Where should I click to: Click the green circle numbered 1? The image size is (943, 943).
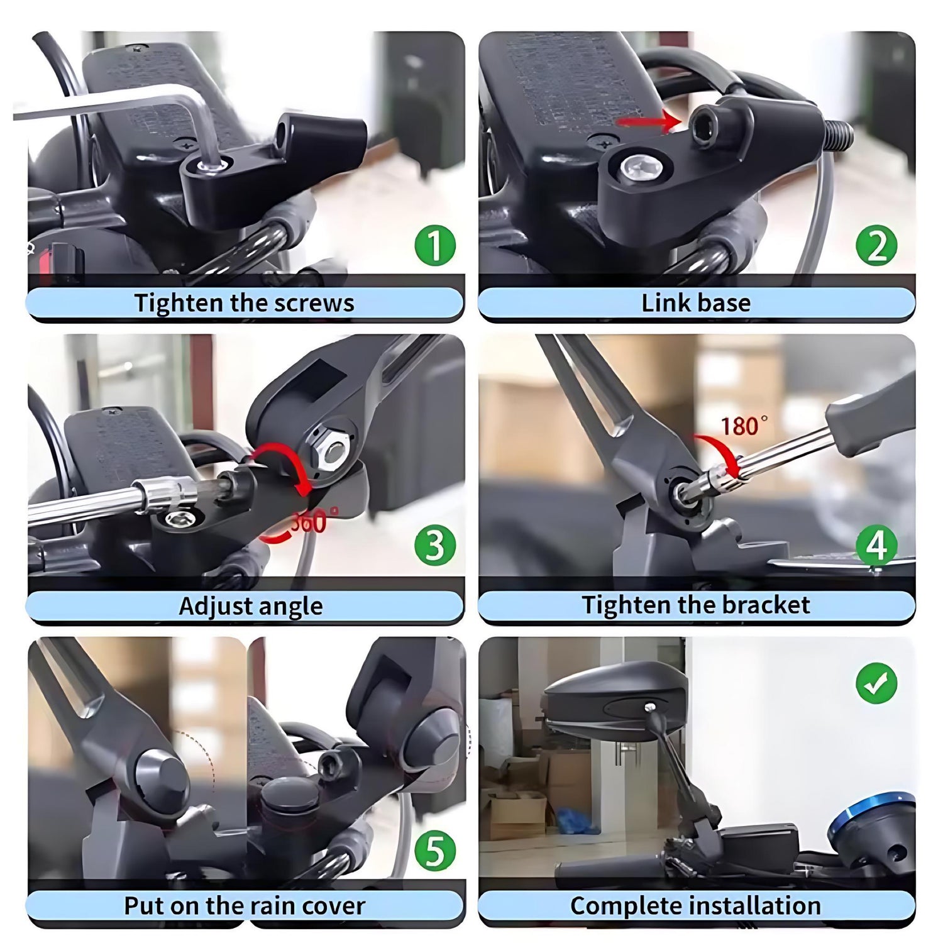(x=435, y=245)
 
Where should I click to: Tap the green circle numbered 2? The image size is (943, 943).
(x=877, y=245)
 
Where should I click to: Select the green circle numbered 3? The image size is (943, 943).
(x=435, y=544)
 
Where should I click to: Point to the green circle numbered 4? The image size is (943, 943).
(x=877, y=544)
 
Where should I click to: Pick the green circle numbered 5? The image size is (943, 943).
(x=435, y=851)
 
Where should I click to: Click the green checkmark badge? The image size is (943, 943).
(x=877, y=683)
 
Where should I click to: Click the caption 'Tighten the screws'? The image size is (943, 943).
(x=245, y=303)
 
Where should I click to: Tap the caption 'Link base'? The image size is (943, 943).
(x=696, y=303)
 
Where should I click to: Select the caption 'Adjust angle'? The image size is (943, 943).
(x=251, y=607)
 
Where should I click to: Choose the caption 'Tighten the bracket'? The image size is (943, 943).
(x=696, y=605)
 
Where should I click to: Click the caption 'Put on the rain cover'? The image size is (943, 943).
(x=245, y=906)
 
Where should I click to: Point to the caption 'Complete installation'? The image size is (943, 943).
(x=696, y=906)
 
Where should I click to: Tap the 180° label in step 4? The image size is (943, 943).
(x=744, y=426)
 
